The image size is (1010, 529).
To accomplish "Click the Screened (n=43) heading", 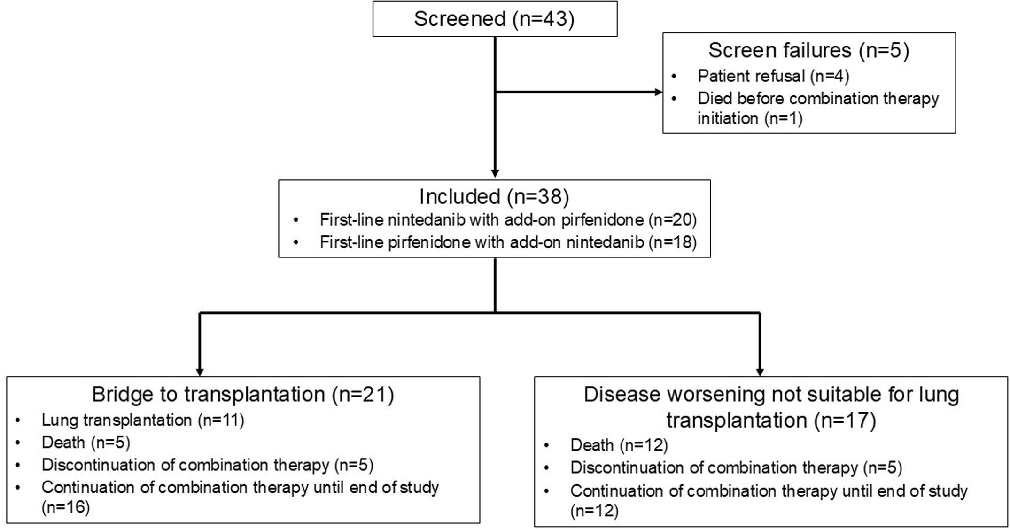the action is pos(494,19).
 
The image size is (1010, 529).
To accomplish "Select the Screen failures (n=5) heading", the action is pos(808,50).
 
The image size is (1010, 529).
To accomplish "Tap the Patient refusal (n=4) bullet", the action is pos(773,76).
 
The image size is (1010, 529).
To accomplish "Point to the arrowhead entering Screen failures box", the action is pos(659,92).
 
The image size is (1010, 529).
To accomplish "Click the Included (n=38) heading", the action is pos(494,196).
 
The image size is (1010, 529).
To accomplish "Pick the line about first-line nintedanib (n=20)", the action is pos(508,219).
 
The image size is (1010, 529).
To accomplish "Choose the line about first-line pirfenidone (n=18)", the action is pos(508,242).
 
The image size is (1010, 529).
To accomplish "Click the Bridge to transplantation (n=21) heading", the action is pos(243,394).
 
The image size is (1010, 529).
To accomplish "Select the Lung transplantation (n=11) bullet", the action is pos(143,420).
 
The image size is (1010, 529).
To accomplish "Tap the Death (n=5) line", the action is pos(85,443).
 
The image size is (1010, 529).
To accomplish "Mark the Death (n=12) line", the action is pos(619,445).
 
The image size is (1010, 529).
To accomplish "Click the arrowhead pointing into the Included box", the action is pos(495,174).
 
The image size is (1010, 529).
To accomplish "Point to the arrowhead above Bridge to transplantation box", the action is pos(200,372).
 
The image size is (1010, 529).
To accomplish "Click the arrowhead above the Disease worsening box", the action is pos(760,372).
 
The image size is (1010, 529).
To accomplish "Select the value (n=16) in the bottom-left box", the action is pos(65,507).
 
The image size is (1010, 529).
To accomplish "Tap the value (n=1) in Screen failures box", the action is pos(783,118).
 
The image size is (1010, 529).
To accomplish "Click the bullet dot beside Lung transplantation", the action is pos(18,420).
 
